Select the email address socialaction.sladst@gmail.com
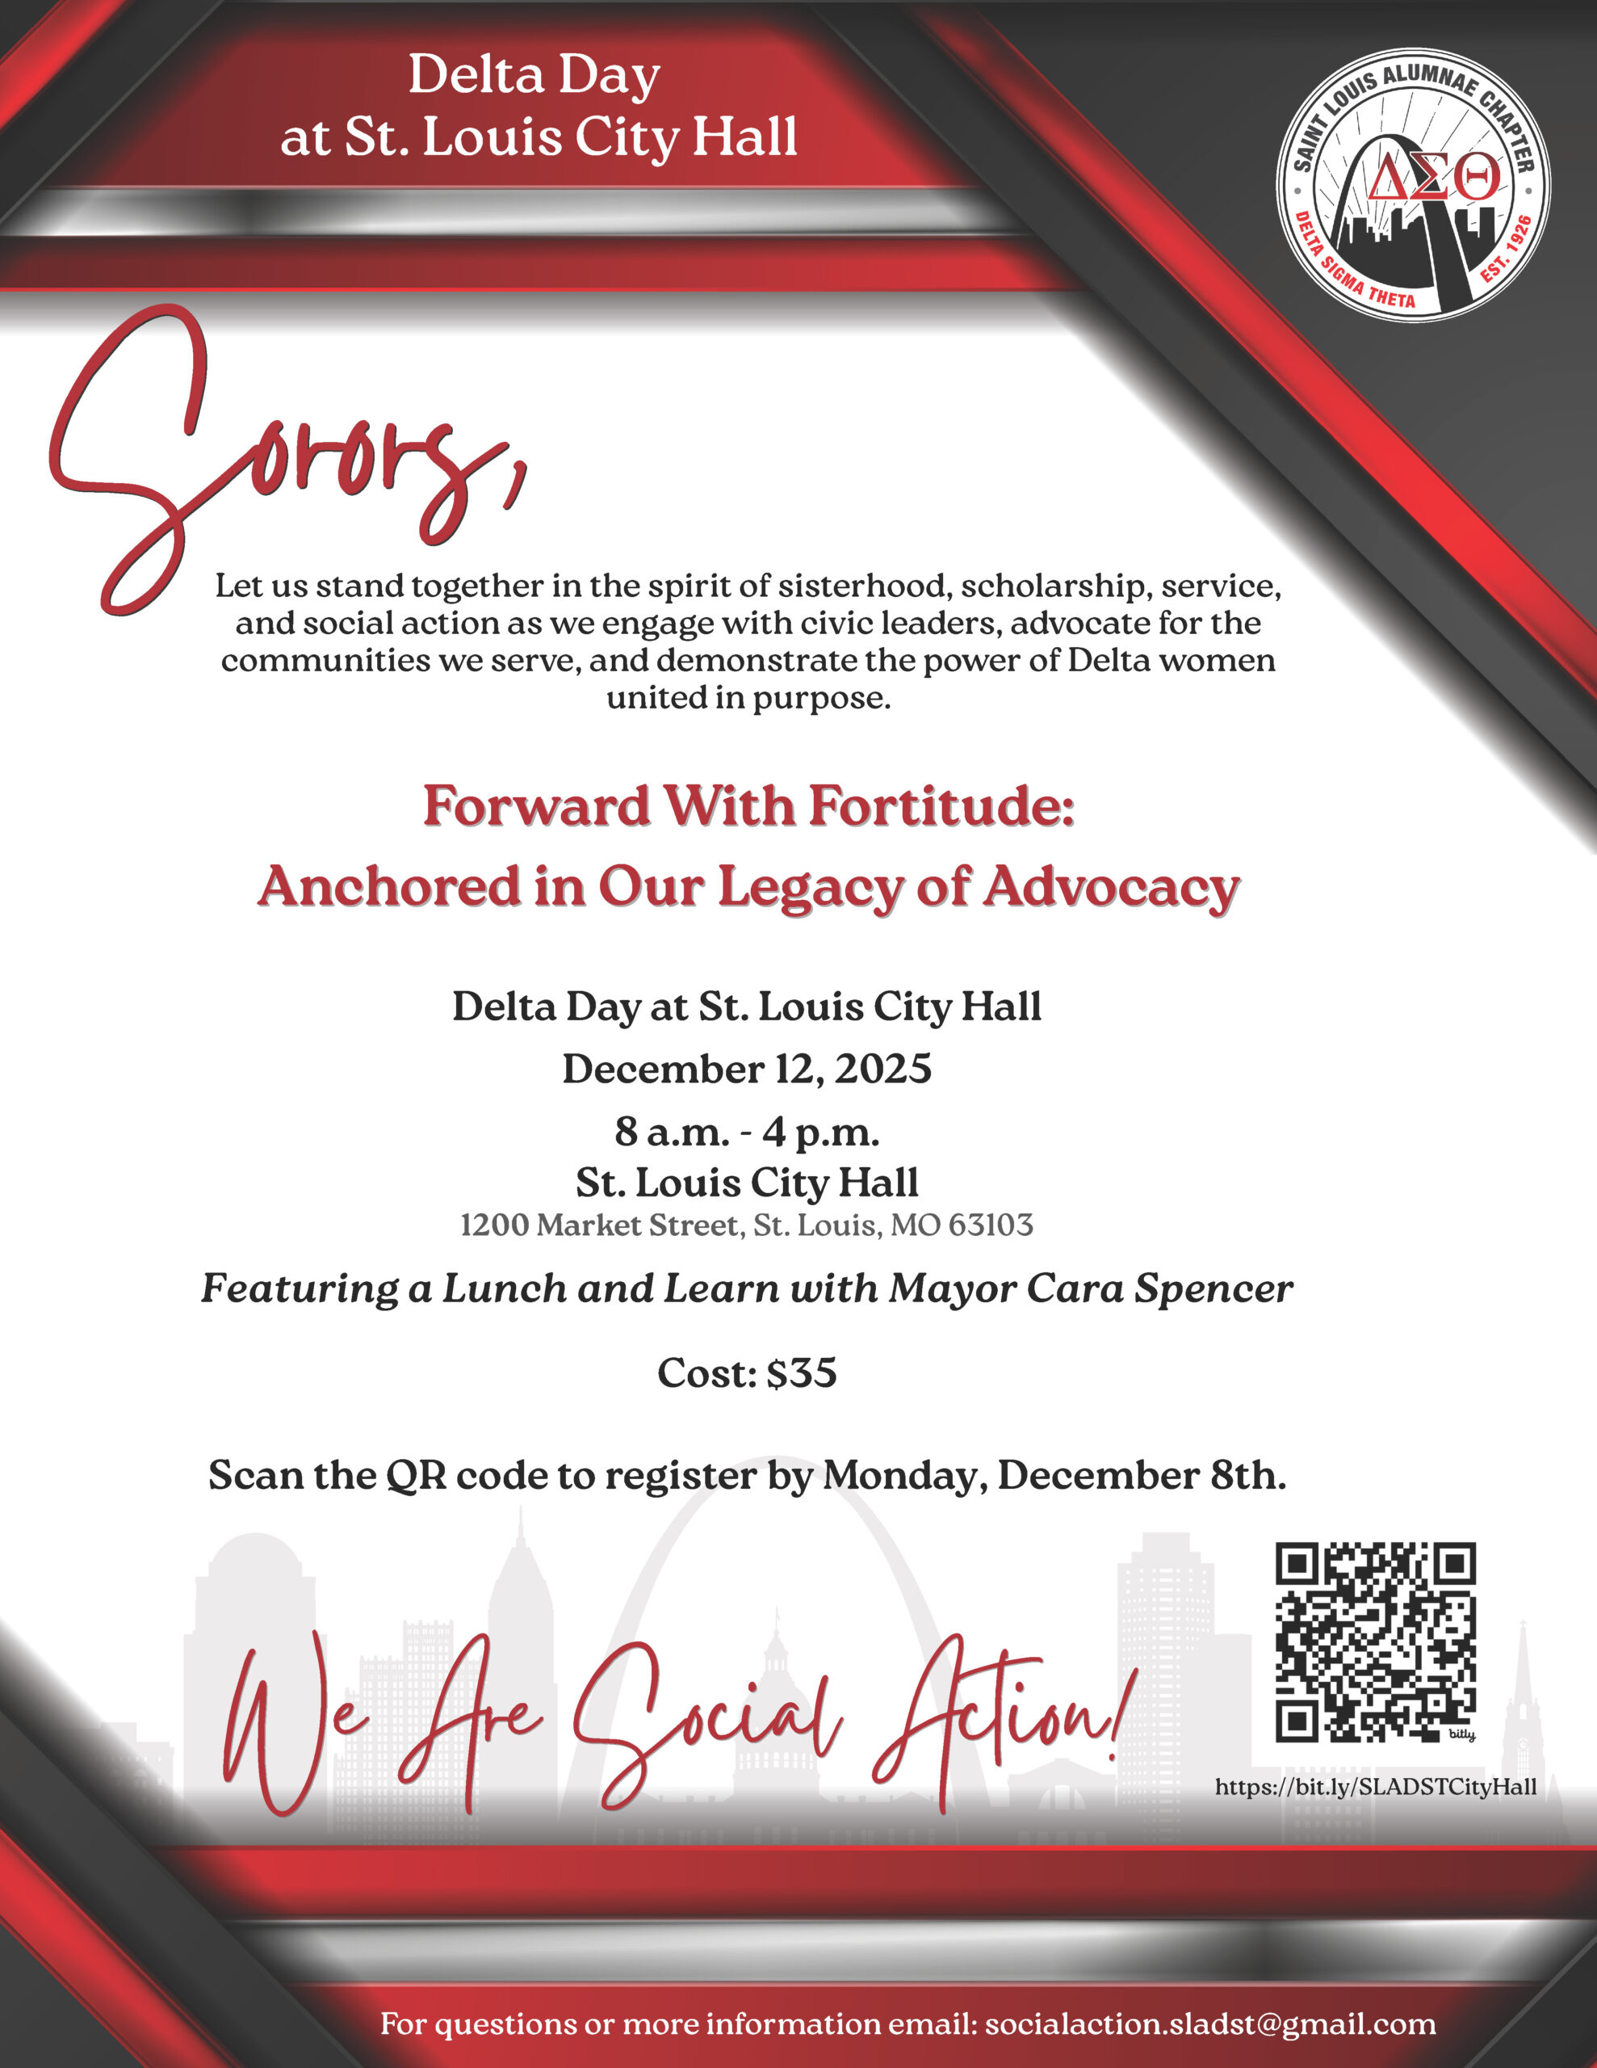click(1209, 2024)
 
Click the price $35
click(801, 1373)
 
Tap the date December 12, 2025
click(747, 1069)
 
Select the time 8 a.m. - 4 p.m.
click(747, 1132)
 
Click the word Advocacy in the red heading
click(1110, 887)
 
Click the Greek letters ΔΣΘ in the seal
click(1433, 179)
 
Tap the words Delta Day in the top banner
click(534, 76)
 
